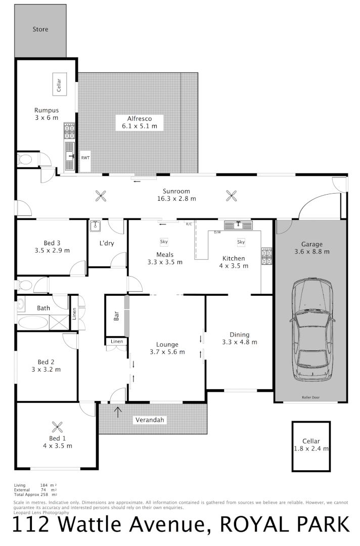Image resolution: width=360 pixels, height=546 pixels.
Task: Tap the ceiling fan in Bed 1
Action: (x=58, y=426)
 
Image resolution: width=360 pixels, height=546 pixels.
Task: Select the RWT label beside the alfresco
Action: (x=85, y=158)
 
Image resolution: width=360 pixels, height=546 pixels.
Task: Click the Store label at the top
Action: (x=40, y=29)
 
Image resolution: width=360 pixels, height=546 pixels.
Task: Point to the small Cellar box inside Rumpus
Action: (x=59, y=84)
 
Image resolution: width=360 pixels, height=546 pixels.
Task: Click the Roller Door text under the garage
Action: (x=311, y=398)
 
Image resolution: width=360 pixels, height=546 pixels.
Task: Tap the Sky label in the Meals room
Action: (x=164, y=242)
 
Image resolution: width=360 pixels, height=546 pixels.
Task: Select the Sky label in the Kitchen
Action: (x=241, y=242)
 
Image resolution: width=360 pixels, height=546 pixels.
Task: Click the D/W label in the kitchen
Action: (x=217, y=232)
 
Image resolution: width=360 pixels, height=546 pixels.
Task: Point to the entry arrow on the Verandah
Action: (x=118, y=412)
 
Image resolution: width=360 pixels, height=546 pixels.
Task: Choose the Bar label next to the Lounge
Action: (x=116, y=316)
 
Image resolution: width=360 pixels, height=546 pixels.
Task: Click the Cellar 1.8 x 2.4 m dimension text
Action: (x=311, y=448)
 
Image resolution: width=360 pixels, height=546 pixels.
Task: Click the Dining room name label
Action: (x=239, y=334)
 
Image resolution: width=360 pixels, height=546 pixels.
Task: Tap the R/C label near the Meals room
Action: (x=189, y=223)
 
